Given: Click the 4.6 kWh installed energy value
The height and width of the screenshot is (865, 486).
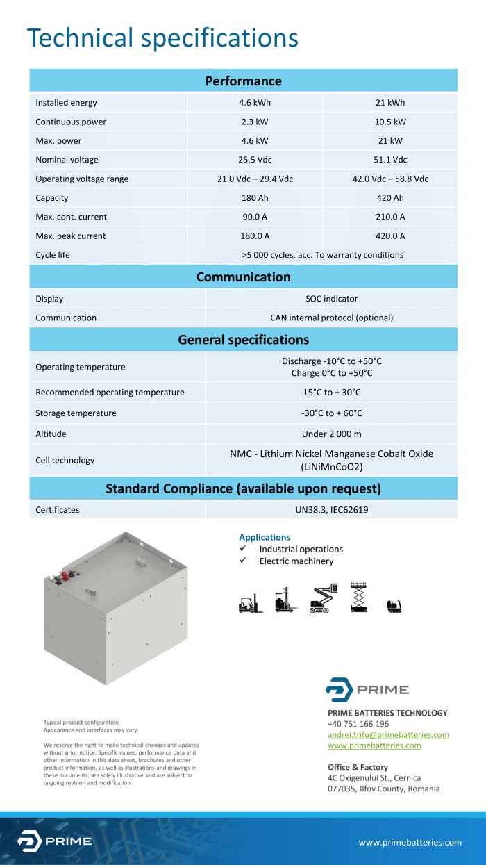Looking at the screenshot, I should point(255,103).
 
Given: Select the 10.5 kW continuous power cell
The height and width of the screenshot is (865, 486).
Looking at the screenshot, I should point(390,122).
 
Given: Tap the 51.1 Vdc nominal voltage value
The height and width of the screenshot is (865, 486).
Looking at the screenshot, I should point(390,160).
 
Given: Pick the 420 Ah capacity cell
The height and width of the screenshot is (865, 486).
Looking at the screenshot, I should point(390,198).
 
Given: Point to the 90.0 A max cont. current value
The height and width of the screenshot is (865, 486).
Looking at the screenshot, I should point(255,217).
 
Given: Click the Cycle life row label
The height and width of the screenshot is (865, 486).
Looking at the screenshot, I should point(53,255).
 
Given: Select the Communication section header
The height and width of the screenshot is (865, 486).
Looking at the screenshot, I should point(243,277).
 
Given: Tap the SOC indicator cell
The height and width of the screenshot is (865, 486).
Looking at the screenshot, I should point(331,299).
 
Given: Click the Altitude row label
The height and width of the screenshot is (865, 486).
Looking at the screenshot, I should point(51,434).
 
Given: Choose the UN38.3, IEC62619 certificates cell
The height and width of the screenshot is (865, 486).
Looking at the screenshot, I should point(331,510).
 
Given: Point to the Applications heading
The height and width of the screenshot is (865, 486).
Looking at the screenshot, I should point(265,537).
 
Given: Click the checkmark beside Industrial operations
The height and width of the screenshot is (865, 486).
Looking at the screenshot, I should point(243,549).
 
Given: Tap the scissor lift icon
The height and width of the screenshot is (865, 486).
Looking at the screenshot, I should point(358,597).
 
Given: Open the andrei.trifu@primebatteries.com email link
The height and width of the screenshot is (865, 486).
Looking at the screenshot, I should point(388,734).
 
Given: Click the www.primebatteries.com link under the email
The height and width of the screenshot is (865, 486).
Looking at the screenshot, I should point(374,745).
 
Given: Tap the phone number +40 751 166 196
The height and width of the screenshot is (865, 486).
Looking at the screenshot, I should point(358,723).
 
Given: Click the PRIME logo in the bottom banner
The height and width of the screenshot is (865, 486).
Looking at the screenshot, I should point(55,841).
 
